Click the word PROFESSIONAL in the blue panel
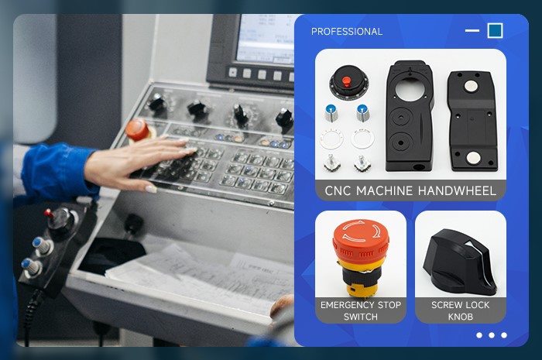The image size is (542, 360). pos(347,32)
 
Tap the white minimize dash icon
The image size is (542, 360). pos(472,30)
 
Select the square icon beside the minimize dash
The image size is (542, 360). pos(495,30)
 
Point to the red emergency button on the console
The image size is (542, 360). pos(137,129)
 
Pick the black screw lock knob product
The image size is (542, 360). pos(460,262)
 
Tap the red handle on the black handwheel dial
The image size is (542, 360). pos(346,81)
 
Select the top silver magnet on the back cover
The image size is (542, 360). pos(470,87)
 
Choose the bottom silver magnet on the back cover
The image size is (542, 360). pos(473,158)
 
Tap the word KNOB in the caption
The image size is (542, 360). pos(461,317)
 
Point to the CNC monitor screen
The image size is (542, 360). pos(265,39)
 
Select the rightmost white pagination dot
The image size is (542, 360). pos(504,335)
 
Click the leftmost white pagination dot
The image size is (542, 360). pos(479,335)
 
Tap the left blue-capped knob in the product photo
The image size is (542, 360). pos(331,113)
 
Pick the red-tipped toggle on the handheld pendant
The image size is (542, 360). pos(49,214)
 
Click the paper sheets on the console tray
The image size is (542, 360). pos(201,276)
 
